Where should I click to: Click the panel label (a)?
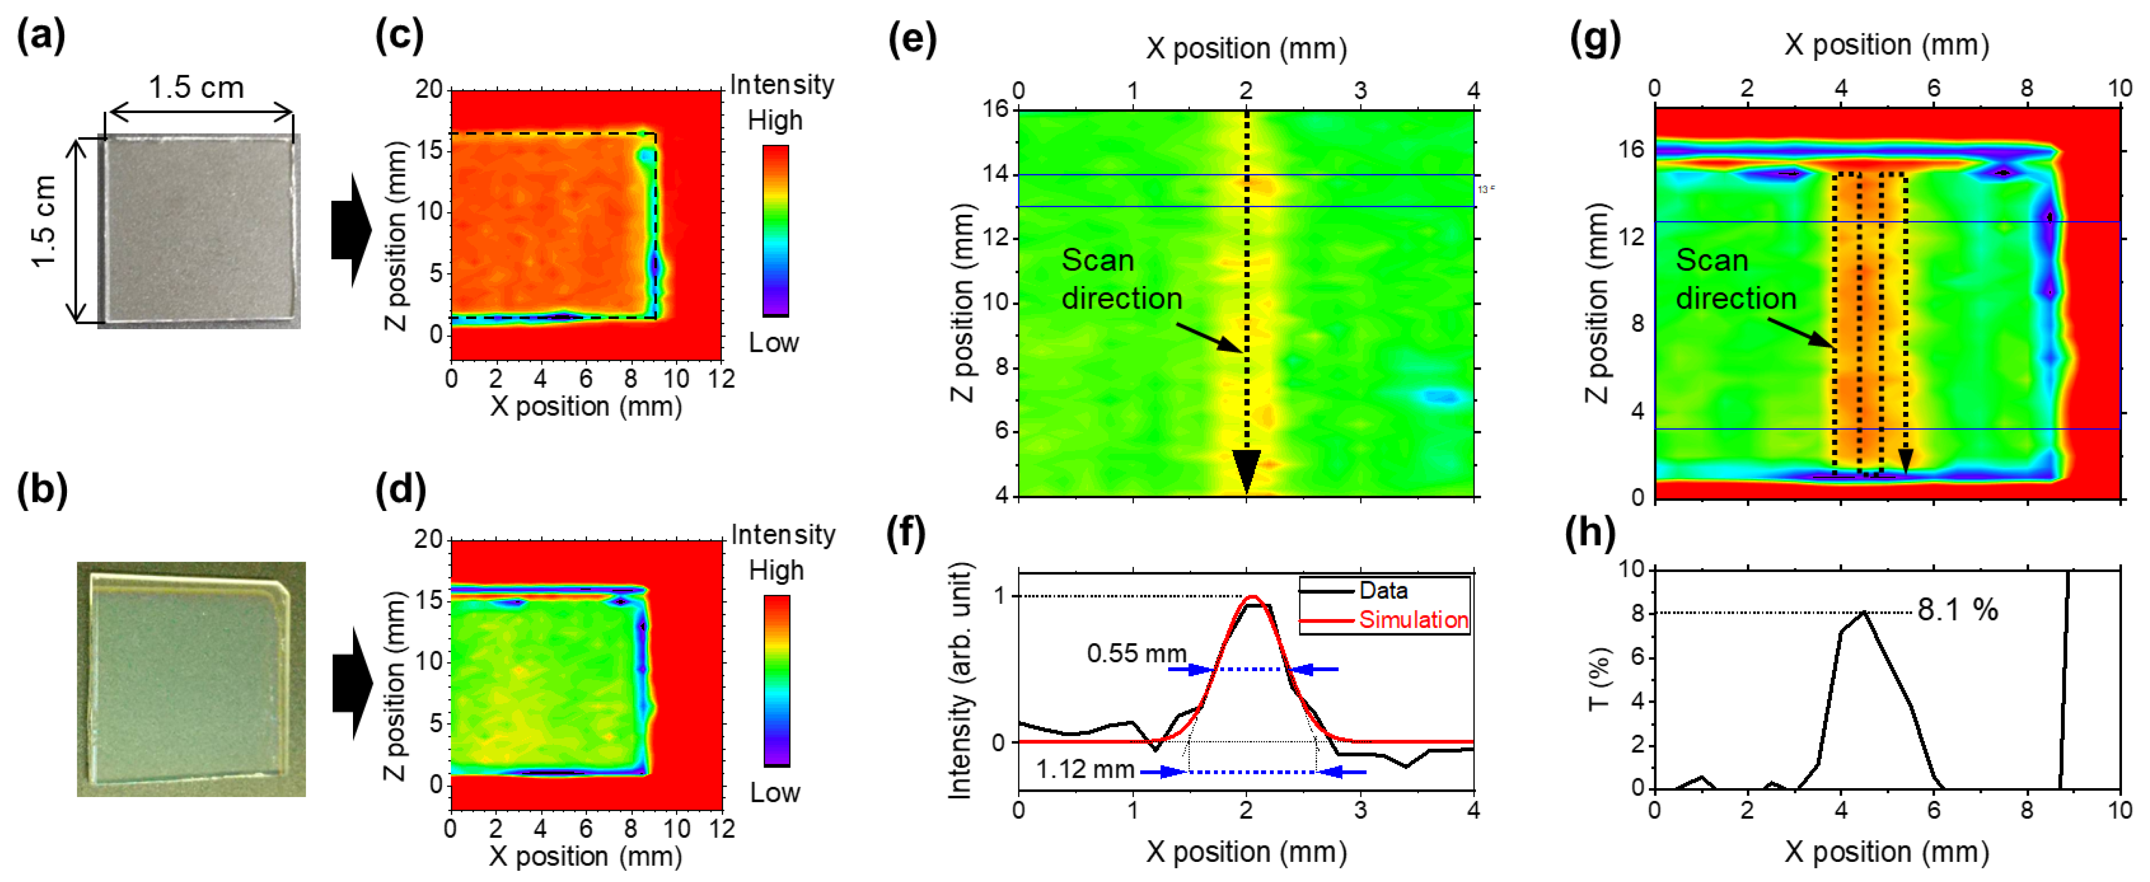40,37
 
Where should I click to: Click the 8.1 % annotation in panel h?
1957,610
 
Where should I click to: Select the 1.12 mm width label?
1085,768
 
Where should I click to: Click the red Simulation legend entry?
1412,620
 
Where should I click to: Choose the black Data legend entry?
1383,591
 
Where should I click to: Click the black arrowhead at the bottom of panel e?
1246,471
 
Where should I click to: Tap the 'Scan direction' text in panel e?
1121,280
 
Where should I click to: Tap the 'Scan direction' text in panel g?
1735,280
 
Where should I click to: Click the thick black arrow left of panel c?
351,230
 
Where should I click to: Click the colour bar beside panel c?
775,230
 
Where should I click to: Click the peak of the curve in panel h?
1864,612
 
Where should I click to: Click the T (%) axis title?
1596,679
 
